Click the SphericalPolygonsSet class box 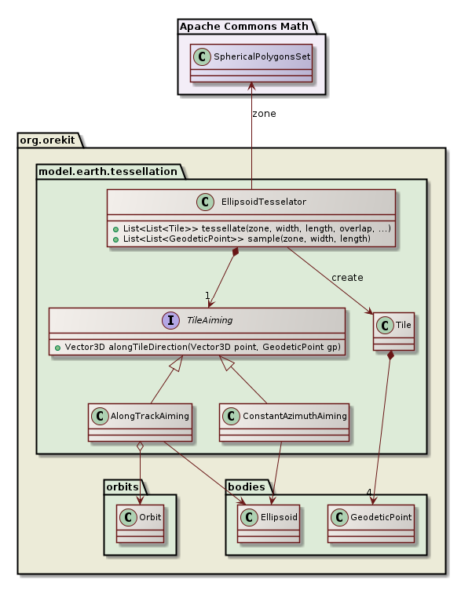coord(251,62)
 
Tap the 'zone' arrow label coord(264,114)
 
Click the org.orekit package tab coord(48,139)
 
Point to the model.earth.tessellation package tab coord(109,170)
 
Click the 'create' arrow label coord(347,278)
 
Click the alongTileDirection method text coord(202,346)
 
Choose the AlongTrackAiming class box coord(141,425)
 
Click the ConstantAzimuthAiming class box coord(284,425)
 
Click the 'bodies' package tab coord(245,486)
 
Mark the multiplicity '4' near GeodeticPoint coord(368,492)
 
